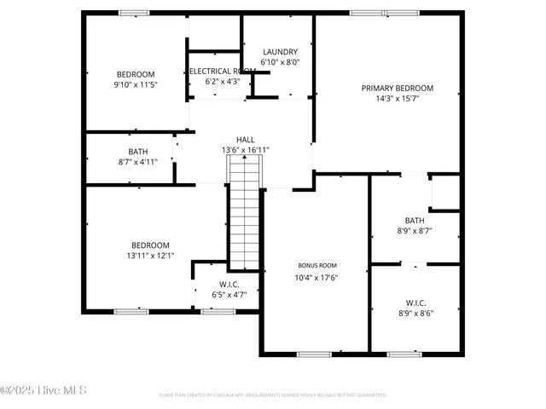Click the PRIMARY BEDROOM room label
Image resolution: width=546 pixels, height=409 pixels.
[x=397, y=88]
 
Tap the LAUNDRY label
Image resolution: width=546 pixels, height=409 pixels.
[x=280, y=52]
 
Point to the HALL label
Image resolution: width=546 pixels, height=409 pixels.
[x=246, y=140]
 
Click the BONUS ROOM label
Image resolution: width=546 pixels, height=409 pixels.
[x=317, y=265]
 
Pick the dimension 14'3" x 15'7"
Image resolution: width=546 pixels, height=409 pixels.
[x=397, y=99]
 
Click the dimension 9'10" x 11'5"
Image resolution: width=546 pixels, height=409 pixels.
[x=136, y=85]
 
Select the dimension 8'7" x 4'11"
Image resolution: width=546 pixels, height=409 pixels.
[x=138, y=162]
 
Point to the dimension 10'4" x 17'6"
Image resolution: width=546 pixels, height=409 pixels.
[x=317, y=277]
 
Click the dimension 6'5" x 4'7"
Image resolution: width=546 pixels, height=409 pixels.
[x=229, y=295]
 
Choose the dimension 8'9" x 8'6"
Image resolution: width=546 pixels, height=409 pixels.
[x=415, y=313]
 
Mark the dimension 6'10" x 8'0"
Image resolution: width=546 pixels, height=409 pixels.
[x=280, y=62]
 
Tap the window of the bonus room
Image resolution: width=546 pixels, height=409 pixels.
[x=313, y=354]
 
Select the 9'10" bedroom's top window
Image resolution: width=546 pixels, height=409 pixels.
[x=134, y=13]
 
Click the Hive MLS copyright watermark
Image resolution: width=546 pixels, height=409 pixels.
[x=44, y=391]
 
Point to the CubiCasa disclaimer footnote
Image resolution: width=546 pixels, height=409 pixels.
[x=272, y=395]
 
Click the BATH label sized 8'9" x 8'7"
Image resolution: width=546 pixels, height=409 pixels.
[x=415, y=220]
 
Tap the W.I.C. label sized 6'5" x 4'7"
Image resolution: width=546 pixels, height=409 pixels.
[x=229, y=285]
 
